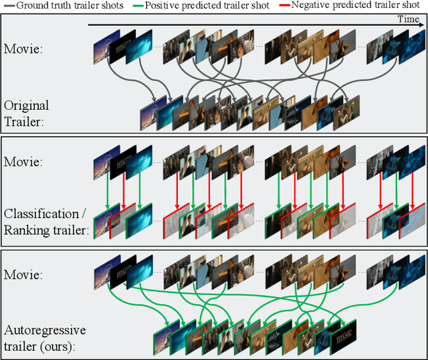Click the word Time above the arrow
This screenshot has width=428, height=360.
[408, 19]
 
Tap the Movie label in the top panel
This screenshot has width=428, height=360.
[24, 48]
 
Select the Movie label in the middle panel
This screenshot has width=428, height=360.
[24, 163]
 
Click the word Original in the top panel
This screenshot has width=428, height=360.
[26, 105]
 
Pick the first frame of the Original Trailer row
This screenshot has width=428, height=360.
[148, 117]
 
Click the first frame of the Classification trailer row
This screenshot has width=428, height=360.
[104, 226]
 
